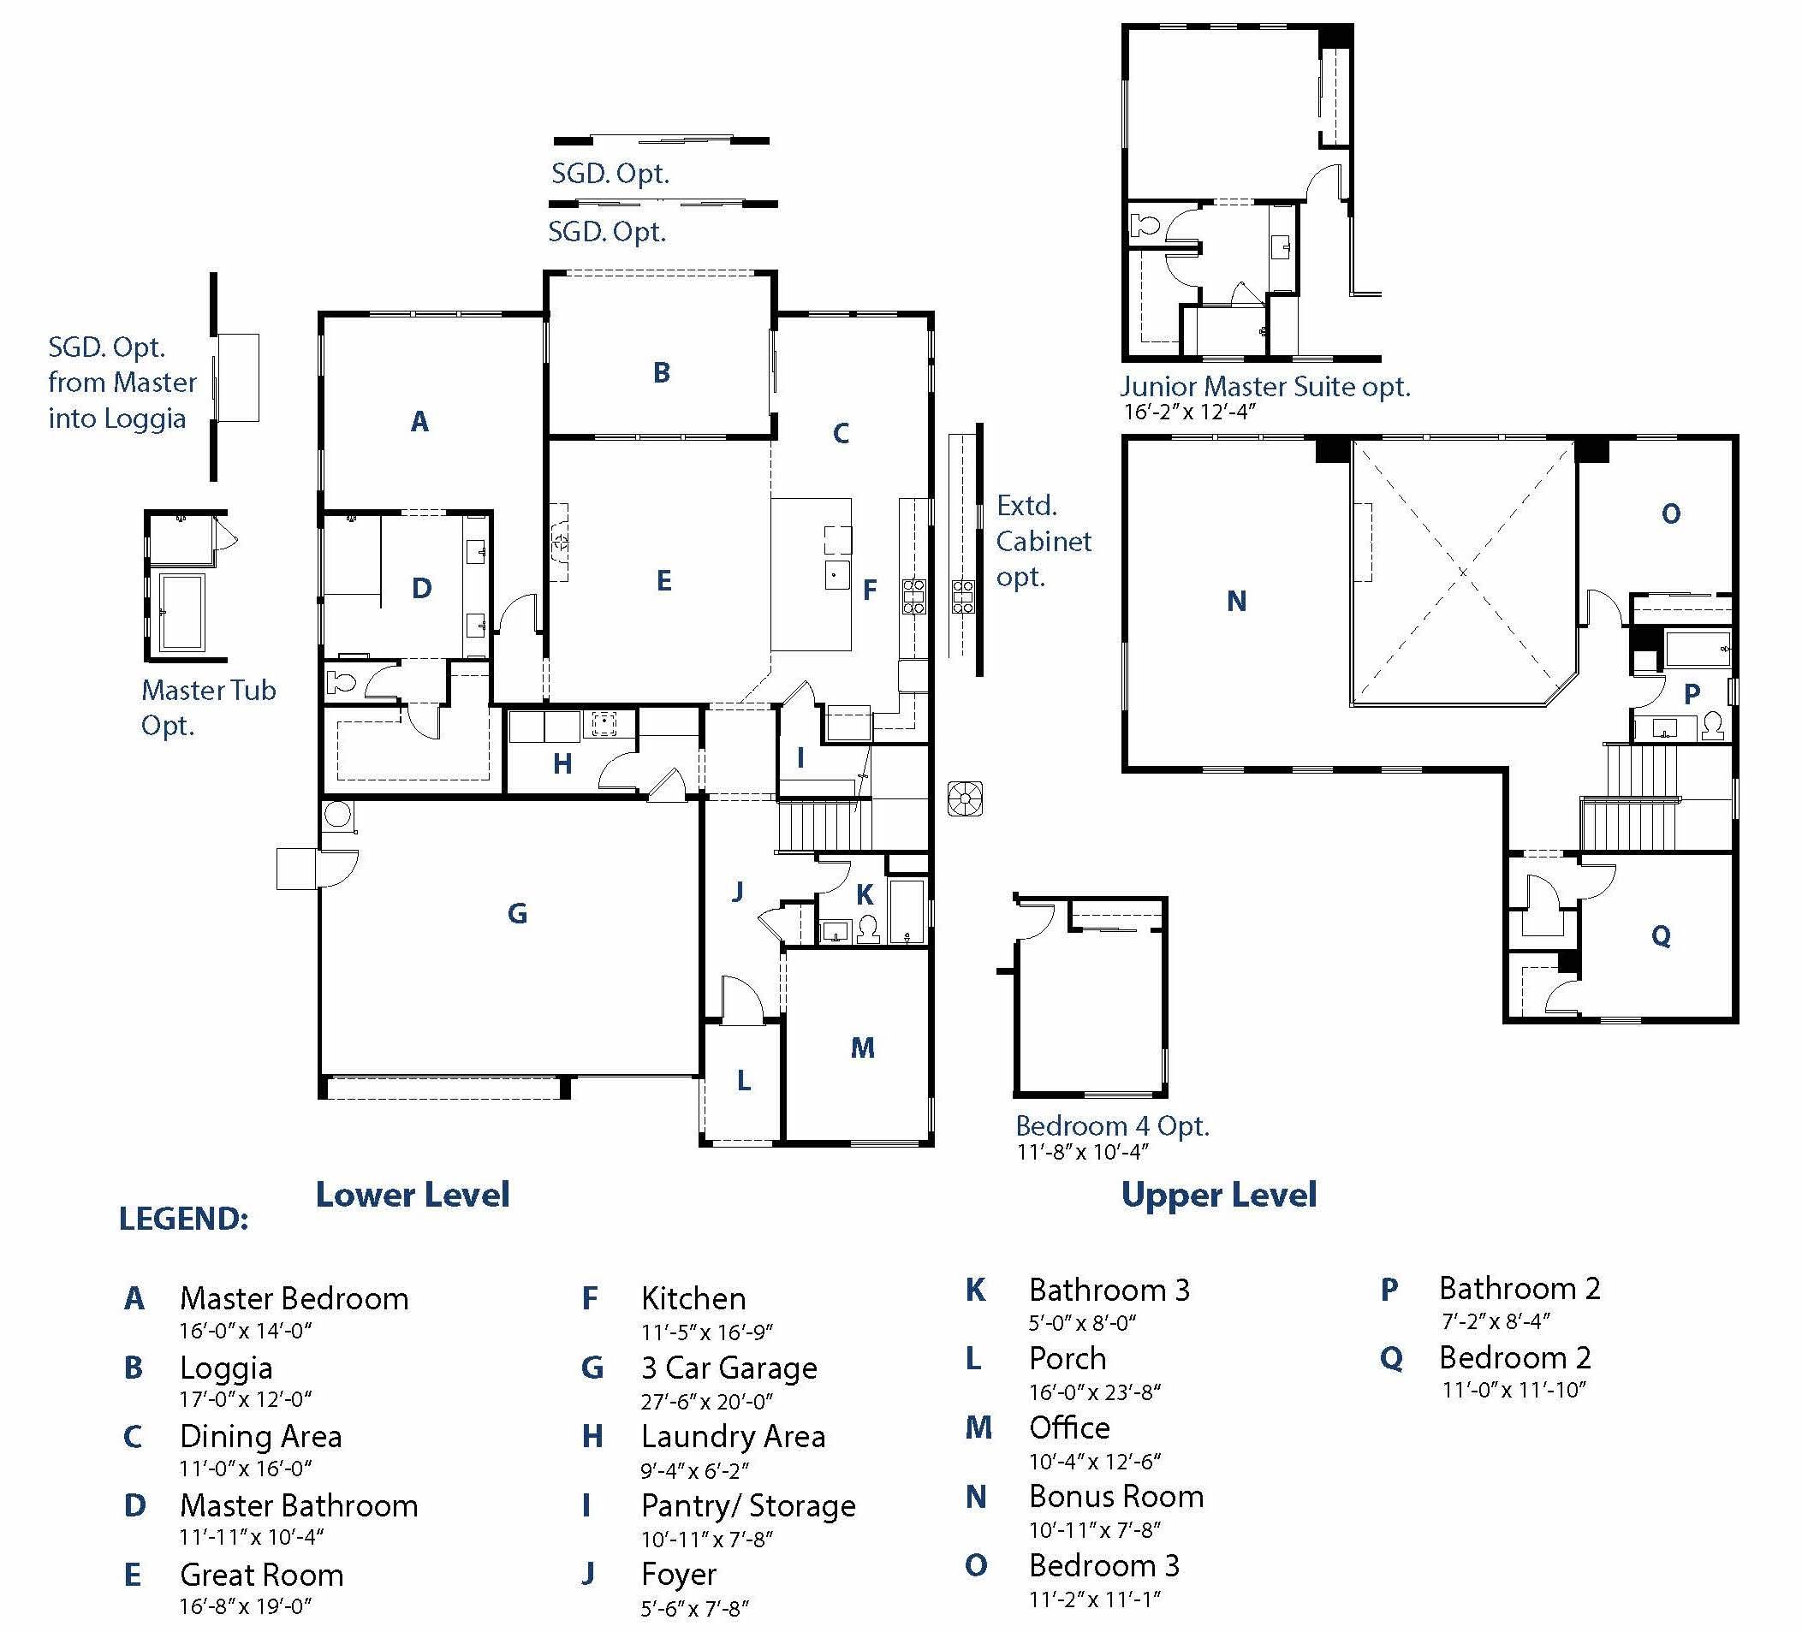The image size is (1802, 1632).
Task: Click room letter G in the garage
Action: pos(517,913)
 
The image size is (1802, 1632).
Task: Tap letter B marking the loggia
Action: pos(662,372)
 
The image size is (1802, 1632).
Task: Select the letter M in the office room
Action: pos(862,1047)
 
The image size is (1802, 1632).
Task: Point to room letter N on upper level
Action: pos(1236,602)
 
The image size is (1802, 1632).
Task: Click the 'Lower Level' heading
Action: pos(412,1195)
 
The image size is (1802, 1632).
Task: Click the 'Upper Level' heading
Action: pos(1218,1195)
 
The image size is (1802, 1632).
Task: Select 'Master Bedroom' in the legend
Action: pos(294,1298)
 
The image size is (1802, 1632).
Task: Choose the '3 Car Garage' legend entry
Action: pos(729,1368)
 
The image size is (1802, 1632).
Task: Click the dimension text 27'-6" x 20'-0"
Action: pos(706,1402)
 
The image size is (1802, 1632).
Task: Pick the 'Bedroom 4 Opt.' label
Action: pos(1112,1126)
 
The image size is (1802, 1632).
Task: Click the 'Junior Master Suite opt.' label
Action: pos(1264,387)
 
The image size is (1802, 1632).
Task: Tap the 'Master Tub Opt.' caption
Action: pos(208,707)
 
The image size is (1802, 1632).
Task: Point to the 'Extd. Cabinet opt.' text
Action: pos(1044,542)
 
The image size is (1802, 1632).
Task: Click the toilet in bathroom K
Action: pos(868,930)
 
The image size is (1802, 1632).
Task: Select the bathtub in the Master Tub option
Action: pos(181,612)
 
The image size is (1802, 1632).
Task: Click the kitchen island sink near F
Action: pos(836,575)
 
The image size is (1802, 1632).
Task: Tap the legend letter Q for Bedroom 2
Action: pos(1391,1358)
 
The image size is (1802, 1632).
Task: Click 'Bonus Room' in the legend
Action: pos(1115,1496)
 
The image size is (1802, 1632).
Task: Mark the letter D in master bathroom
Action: pos(422,588)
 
